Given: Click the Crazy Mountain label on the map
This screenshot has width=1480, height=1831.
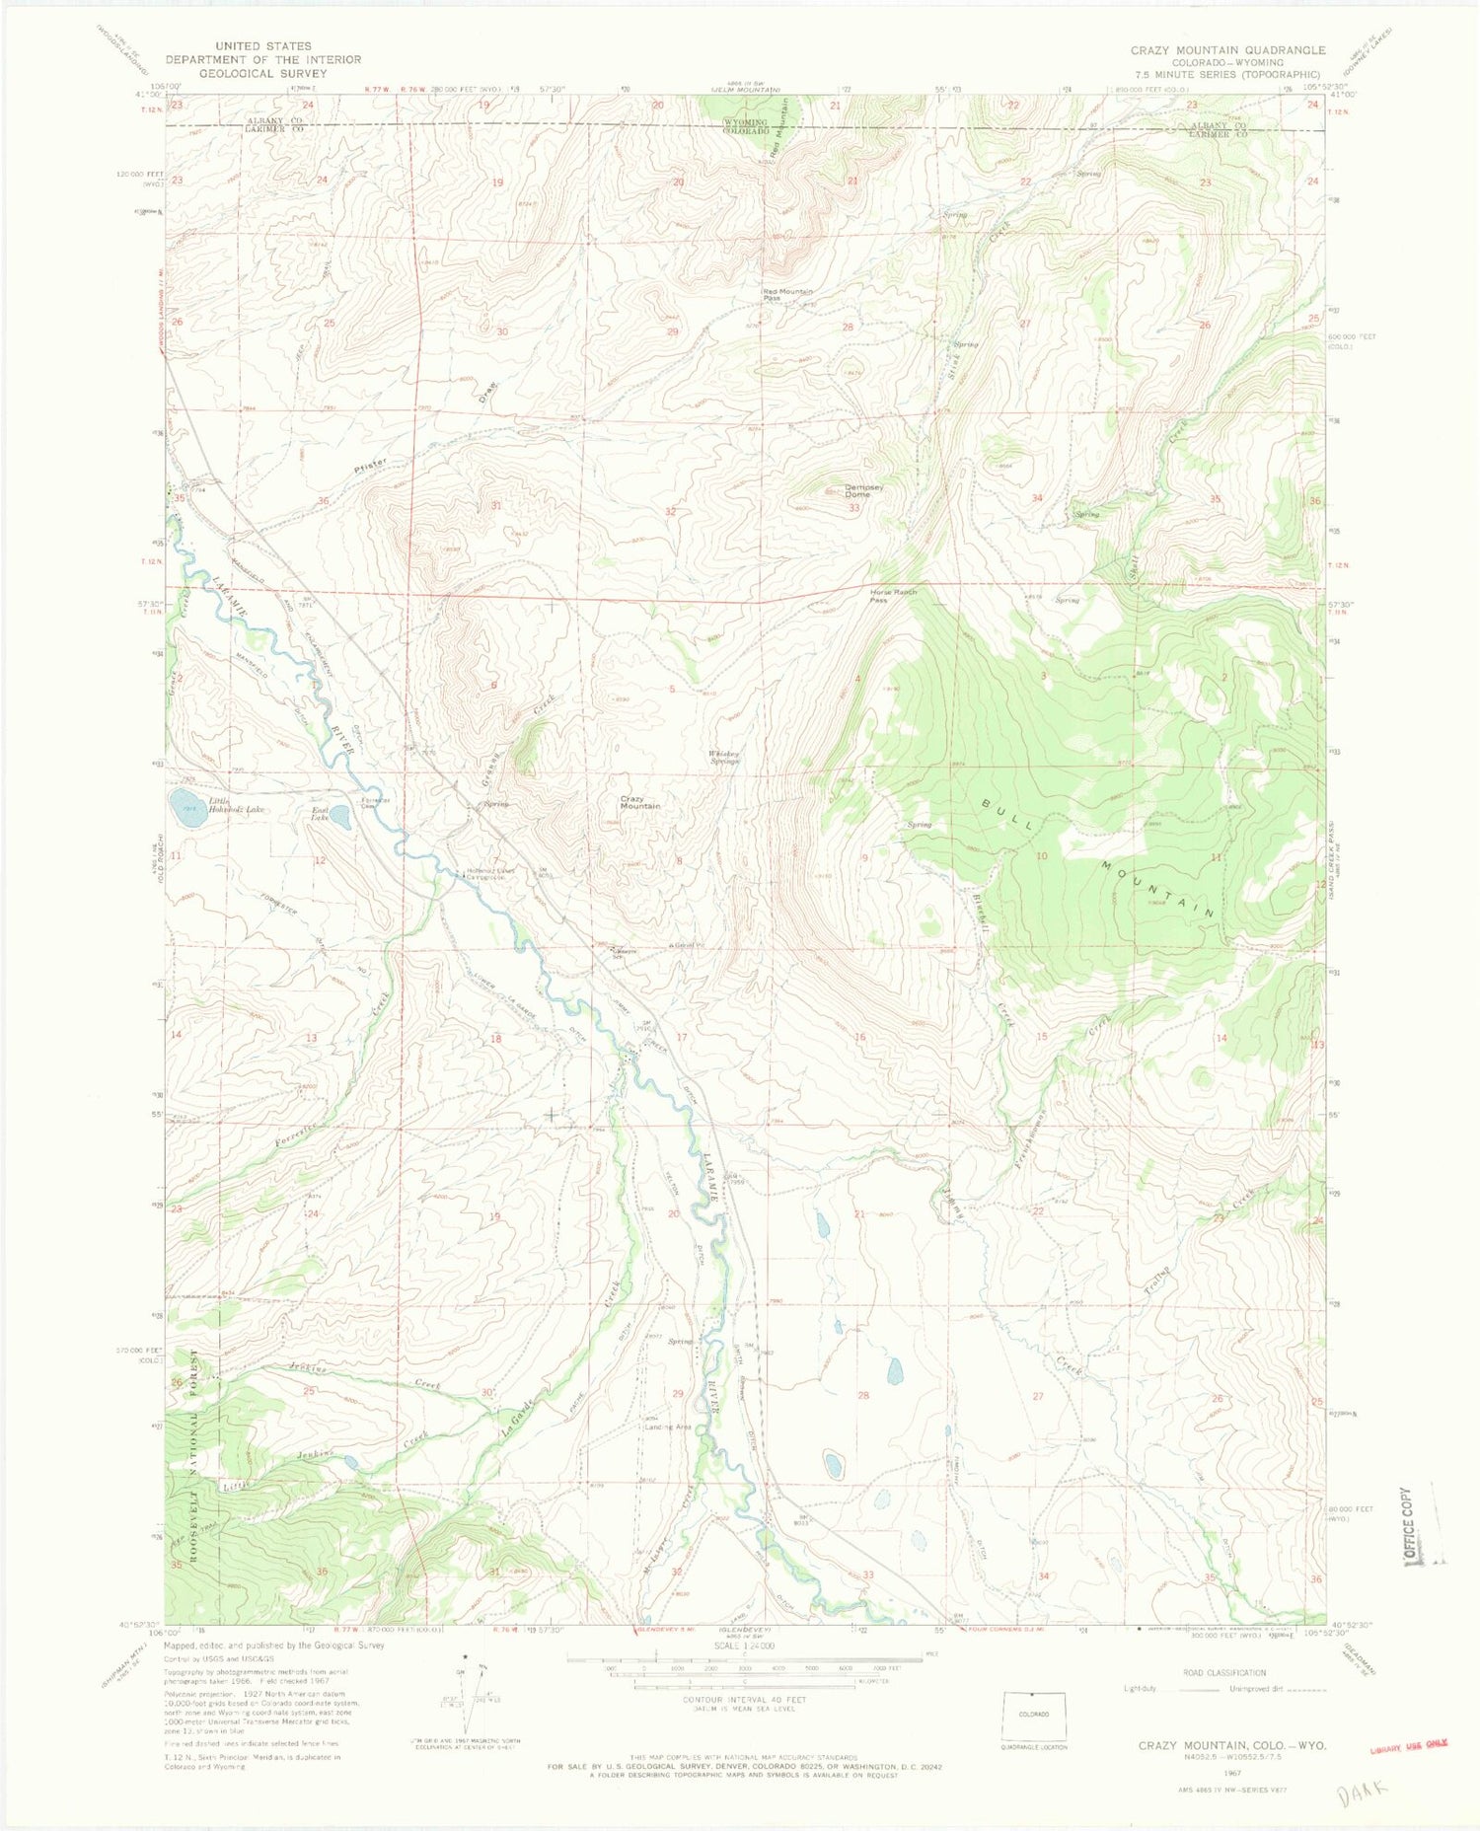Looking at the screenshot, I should click(x=639, y=802).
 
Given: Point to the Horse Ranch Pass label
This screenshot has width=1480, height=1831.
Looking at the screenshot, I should click(x=892, y=596).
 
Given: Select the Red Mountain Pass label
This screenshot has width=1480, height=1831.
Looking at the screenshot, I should click(x=786, y=294).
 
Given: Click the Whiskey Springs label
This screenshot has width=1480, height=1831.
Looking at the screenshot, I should click(x=723, y=758).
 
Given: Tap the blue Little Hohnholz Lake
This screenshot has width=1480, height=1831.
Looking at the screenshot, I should click(x=185, y=807).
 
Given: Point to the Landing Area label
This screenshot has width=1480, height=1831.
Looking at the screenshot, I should click(x=668, y=1427).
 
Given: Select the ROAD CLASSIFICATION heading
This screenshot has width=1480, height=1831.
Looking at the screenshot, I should click(x=1223, y=1673).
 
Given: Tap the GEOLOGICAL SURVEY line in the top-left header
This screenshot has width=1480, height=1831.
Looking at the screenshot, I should click(x=256, y=73).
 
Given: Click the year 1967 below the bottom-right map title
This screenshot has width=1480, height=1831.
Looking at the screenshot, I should click(x=1232, y=1771).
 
